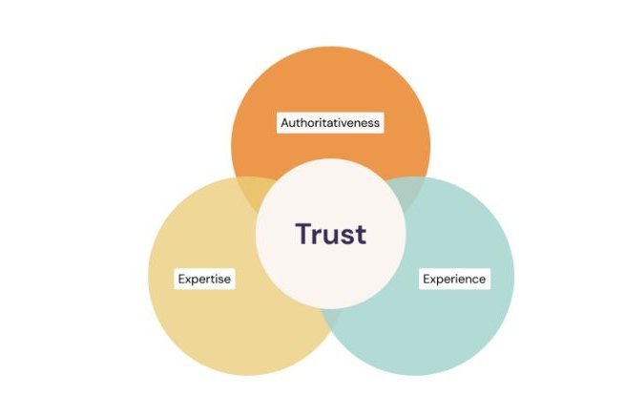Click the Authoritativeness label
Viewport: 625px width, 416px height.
pyautogui.click(x=330, y=123)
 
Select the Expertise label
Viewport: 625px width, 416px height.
pyautogui.click(x=205, y=280)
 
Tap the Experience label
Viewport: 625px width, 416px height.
pyautogui.click(x=455, y=280)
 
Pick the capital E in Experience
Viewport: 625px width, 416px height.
pyautogui.click(x=427, y=280)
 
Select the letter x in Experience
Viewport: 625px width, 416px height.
pyautogui.click(x=433, y=281)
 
